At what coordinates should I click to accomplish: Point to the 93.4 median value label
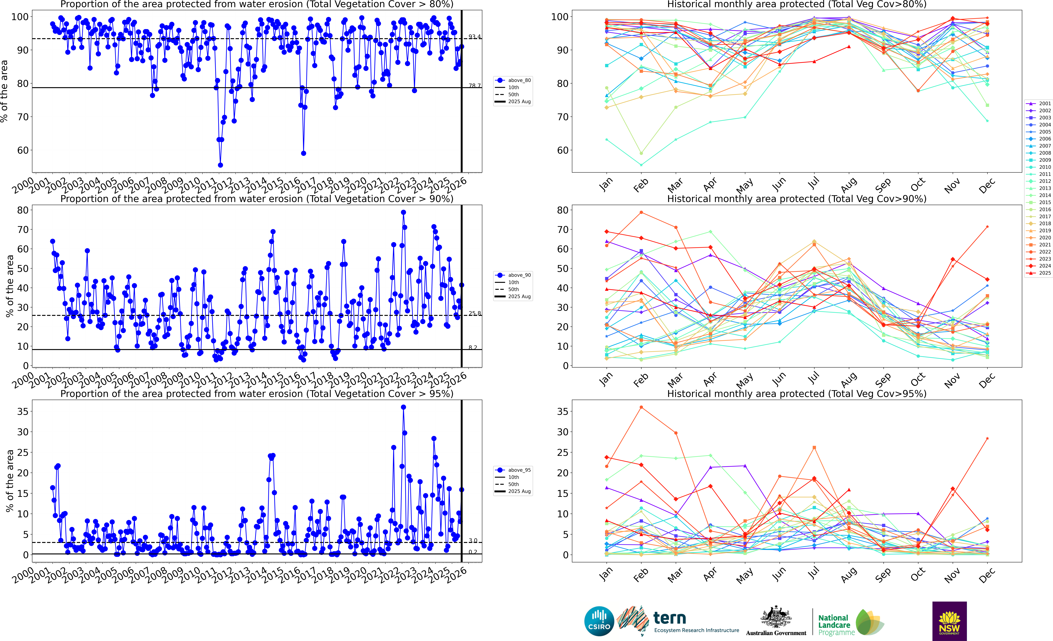point(474,37)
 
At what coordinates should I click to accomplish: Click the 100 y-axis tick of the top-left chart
point(20,17)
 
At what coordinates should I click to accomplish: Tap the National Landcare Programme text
point(836,625)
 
